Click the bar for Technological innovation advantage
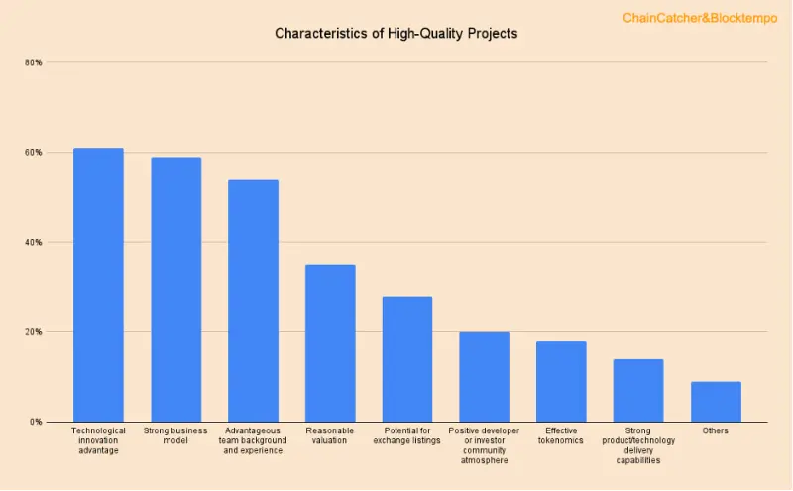point(98,285)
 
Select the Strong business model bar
point(175,290)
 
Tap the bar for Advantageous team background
point(253,301)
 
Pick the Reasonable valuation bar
point(330,343)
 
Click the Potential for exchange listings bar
point(407,359)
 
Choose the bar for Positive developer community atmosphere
point(484,377)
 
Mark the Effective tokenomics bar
point(561,382)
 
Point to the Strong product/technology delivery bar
point(638,391)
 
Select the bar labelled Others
point(716,402)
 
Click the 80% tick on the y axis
point(34,62)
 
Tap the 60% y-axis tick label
point(34,153)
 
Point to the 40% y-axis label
point(34,242)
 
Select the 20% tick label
point(34,332)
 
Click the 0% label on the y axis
point(36,422)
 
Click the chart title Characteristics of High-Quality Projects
point(396,33)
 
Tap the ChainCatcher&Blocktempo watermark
point(700,18)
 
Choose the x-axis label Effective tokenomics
point(561,435)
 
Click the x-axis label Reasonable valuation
point(330,435)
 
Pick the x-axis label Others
point(716,430)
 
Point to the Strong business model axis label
point(175,435)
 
